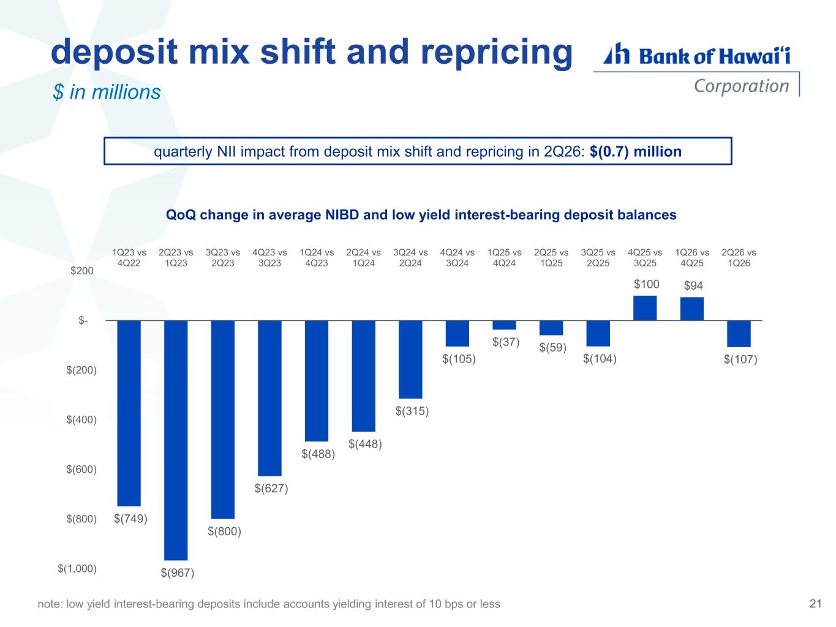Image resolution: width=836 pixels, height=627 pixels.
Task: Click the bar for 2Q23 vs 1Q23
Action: [x=176, y=440]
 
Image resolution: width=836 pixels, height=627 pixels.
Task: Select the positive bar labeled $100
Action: [x=644, y=307]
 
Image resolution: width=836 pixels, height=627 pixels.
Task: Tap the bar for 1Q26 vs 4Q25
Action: [x=691, y=309]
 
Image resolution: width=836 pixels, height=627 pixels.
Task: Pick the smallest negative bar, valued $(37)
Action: [x=504, y=325]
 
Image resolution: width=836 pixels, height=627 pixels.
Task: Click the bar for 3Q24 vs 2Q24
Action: [x=410, y=359]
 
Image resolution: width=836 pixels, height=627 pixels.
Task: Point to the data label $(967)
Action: [x=178, y=573]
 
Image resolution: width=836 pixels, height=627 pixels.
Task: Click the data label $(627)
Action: [x=271, y=488]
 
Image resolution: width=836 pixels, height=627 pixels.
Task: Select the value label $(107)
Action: [x=740, y=359]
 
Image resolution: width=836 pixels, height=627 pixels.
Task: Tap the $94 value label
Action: [x=693, y=285]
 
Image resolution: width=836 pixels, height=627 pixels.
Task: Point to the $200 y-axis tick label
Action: [x=82, y=271]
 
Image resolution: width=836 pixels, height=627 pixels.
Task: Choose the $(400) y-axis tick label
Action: [x=81, y=419]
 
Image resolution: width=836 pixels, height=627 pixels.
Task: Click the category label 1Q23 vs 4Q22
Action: [x=129, y=258]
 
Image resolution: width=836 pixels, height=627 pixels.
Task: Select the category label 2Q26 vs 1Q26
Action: [x=739, y=258]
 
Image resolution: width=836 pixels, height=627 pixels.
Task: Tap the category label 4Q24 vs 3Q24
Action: [x=457, y=258]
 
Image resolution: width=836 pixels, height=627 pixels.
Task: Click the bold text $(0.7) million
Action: [x=635, y=151]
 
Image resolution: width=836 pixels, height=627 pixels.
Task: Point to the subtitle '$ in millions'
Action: [x=107, y=92]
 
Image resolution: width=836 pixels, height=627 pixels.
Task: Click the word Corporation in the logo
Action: [x=741, y=86]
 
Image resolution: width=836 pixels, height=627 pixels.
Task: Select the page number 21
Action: [x=815, y=603]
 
